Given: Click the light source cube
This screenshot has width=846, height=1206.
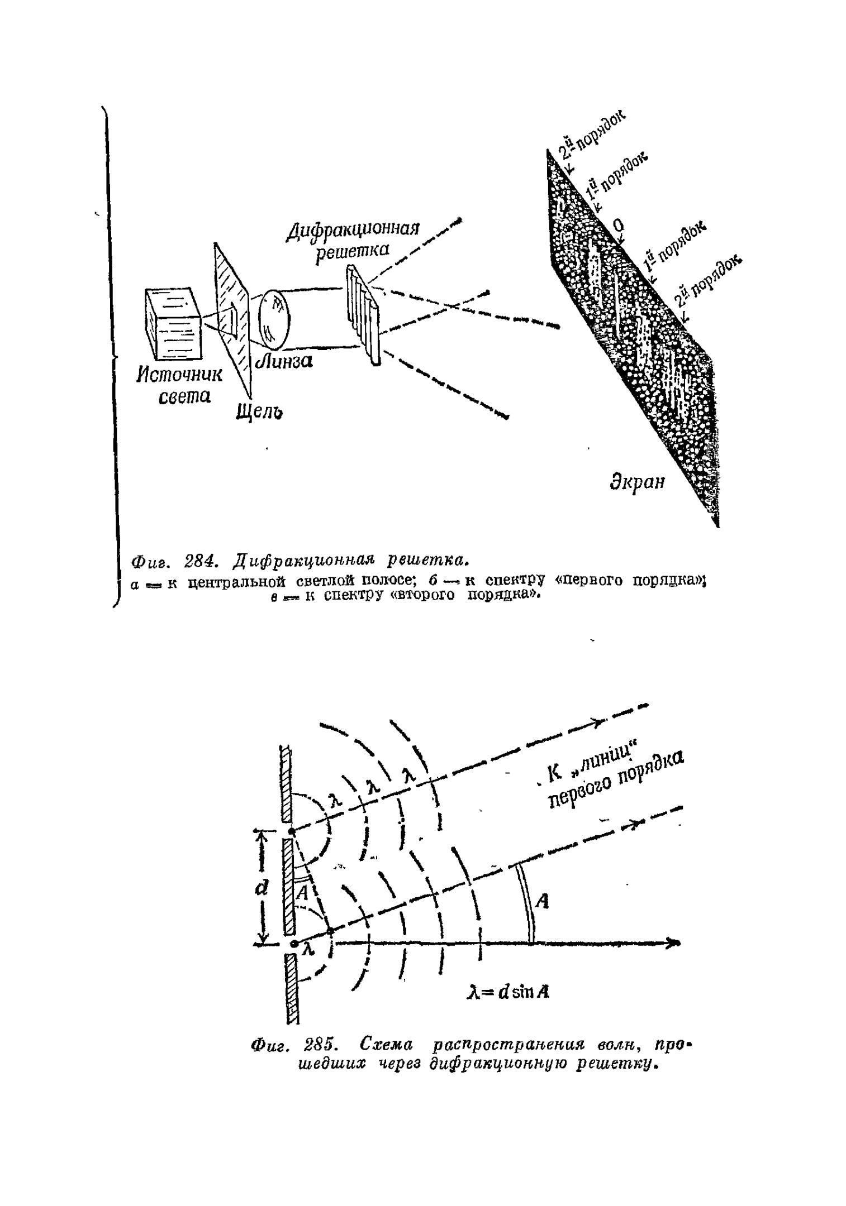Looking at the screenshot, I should pos(172,323).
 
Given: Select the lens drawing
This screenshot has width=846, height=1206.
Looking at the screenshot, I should pos(274,318).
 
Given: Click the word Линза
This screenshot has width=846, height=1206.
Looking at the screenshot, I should pos(284,361).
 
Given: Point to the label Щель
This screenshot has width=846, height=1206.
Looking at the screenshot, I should pos(258,411).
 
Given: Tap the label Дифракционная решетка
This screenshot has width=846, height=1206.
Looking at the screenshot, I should pos(353,240).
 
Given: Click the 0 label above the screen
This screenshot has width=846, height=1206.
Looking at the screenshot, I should pos(618,226).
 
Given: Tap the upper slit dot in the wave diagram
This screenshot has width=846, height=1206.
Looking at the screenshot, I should pos(291,831).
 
